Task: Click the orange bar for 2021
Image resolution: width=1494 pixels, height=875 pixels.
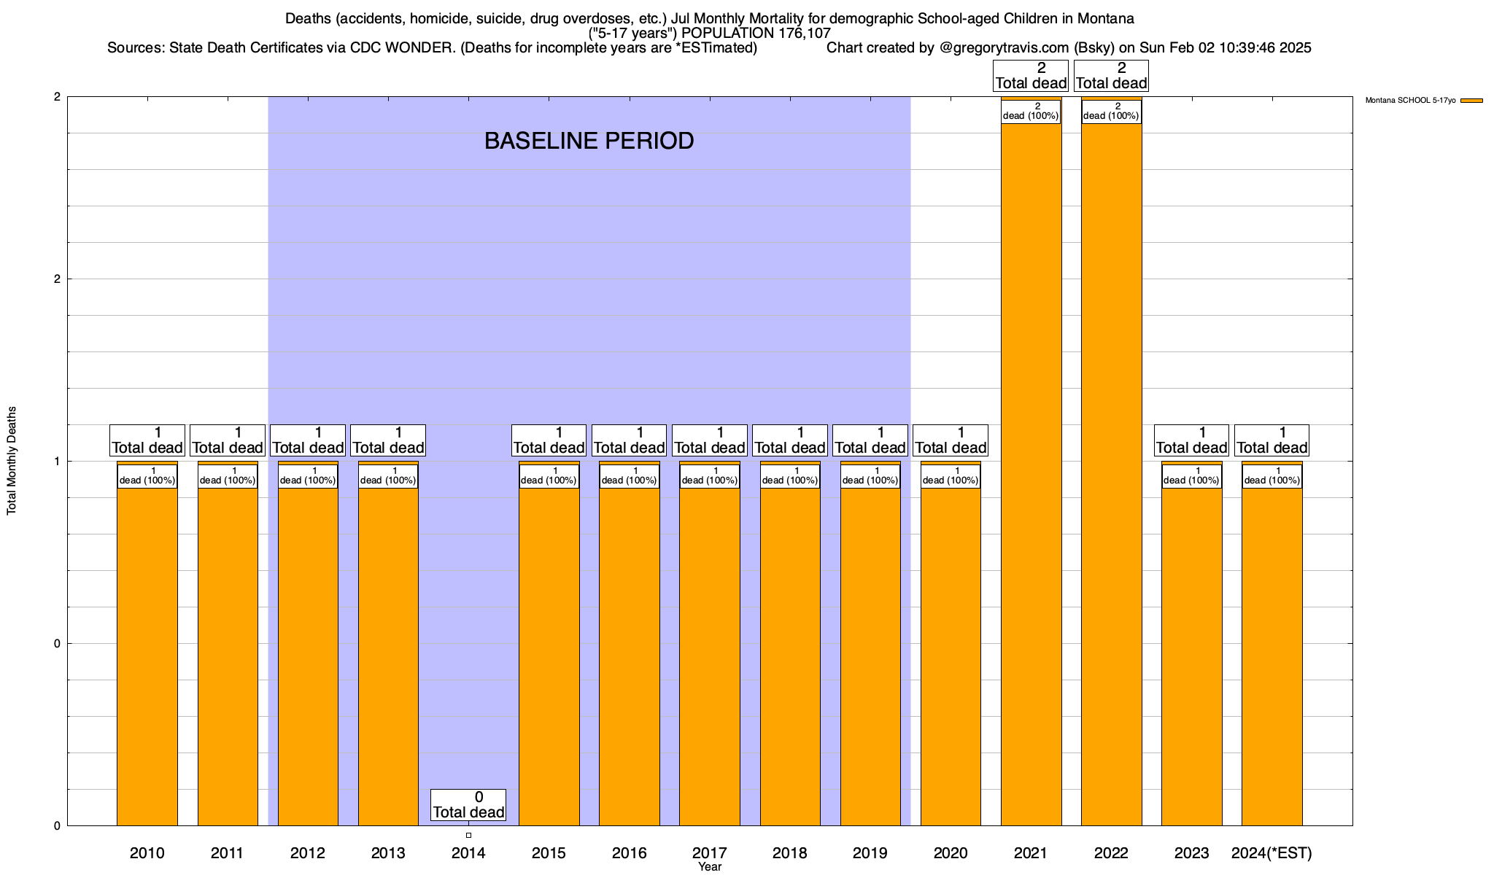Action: (1031, 474)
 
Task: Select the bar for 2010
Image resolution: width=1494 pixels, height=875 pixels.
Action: (147, 656)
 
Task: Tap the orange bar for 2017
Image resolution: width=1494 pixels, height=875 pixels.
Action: (709, 656)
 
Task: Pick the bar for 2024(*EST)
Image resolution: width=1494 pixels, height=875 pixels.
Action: (1272, 656)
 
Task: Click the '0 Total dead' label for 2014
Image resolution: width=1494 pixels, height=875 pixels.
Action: (468, 805)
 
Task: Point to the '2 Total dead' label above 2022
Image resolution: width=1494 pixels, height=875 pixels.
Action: (1111, 76)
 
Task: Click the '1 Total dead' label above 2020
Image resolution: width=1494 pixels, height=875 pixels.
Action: (951, 440)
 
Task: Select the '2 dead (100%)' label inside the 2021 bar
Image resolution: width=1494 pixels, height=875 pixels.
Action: (1031, 112)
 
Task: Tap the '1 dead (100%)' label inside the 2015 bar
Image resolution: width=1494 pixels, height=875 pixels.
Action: (549, 476)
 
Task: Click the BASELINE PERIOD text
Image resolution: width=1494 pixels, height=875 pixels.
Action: (589, 141)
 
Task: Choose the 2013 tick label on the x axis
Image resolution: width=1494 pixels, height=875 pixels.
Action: (388, 853)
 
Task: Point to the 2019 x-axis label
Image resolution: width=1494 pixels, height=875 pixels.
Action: (870, 853)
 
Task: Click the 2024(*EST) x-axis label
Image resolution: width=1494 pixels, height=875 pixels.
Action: (1272, 853)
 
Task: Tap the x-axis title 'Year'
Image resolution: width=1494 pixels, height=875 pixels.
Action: (709, 867)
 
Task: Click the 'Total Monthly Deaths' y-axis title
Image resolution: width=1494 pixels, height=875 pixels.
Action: (12, 461)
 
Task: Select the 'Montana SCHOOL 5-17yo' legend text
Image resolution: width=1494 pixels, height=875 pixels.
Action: (1410, 101)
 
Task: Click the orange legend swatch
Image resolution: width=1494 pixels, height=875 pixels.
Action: (1471, 101)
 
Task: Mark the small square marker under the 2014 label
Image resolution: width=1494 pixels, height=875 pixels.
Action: (468, 835)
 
